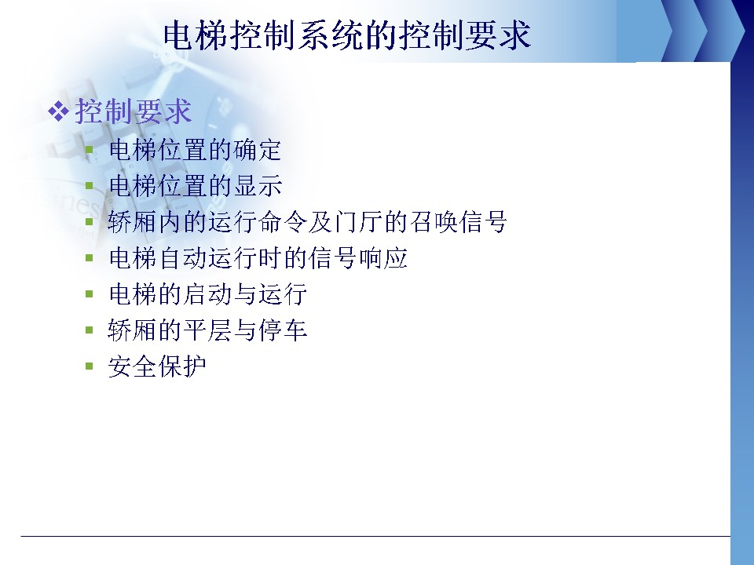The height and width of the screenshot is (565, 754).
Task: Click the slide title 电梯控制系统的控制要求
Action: [347, 35]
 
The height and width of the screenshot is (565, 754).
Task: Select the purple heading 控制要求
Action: [134, 111]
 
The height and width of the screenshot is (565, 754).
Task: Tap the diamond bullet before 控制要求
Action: [58, 111]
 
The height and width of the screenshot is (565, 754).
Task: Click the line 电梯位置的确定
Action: [196, 150]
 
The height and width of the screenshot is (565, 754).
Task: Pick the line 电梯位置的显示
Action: [196, 186]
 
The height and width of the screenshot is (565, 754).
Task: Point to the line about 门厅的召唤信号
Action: [308, 222]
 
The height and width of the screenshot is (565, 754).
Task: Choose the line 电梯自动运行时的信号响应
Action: [258, 258]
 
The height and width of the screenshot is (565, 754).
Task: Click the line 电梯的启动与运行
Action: [207, 294]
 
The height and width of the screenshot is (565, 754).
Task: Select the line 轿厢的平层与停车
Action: [207, 330]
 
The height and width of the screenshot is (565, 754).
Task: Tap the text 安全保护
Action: [157, 366]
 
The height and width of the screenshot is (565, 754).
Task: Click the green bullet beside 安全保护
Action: [89, 366]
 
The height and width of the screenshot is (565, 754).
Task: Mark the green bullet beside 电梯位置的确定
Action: [89, 149]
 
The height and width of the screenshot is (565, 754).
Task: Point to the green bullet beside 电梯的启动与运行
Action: [89, 293]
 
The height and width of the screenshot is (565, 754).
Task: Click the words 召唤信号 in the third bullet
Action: [458, 222]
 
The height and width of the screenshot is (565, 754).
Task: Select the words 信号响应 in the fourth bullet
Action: [358, 258]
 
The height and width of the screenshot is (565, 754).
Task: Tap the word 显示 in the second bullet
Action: [258, 186]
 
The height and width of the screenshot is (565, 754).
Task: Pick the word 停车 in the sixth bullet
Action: [283, 330]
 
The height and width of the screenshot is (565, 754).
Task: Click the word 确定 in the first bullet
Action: [258, 150]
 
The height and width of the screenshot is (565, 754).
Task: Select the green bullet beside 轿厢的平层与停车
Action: [89, 330]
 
